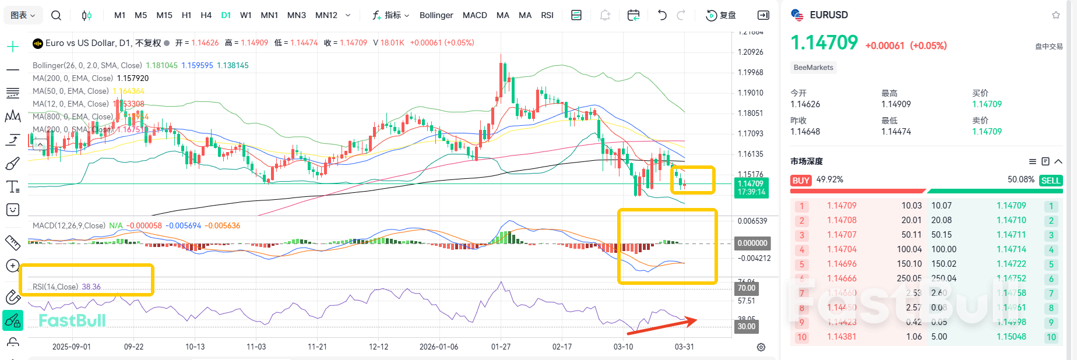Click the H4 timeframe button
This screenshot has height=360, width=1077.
[x=206, y=15]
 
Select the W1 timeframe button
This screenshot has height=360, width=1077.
[x=246, y=15]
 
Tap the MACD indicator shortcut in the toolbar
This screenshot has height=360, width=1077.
[x=474, y=15]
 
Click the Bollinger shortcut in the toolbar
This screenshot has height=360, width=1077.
[x=436, y=15]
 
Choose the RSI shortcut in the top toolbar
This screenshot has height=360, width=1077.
[x=547, y=15]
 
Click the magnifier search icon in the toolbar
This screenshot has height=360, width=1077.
[x=56, y=15]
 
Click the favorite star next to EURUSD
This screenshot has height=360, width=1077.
[x=1055, y=15]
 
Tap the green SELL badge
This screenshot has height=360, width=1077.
[x=1050, y=181]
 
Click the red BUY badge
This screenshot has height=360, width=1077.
[x=801, y=181]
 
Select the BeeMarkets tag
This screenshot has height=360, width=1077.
[x=813, y=68]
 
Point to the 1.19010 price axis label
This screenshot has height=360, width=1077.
[x=750, y=93]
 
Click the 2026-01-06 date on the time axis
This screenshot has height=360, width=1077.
[x=438, y=347]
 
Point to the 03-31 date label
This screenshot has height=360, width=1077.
[x=684, y=347]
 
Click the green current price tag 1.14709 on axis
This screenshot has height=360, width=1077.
[x=751, y=188]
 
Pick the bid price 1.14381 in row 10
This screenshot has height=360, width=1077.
[x=842, y=337]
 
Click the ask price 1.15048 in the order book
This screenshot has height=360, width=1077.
[x=1011, y=337]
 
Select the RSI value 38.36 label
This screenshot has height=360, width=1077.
[x=91, y=287]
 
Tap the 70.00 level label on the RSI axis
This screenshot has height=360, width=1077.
[x=746, y=288]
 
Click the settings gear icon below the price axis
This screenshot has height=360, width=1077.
[x=761, y=347]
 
